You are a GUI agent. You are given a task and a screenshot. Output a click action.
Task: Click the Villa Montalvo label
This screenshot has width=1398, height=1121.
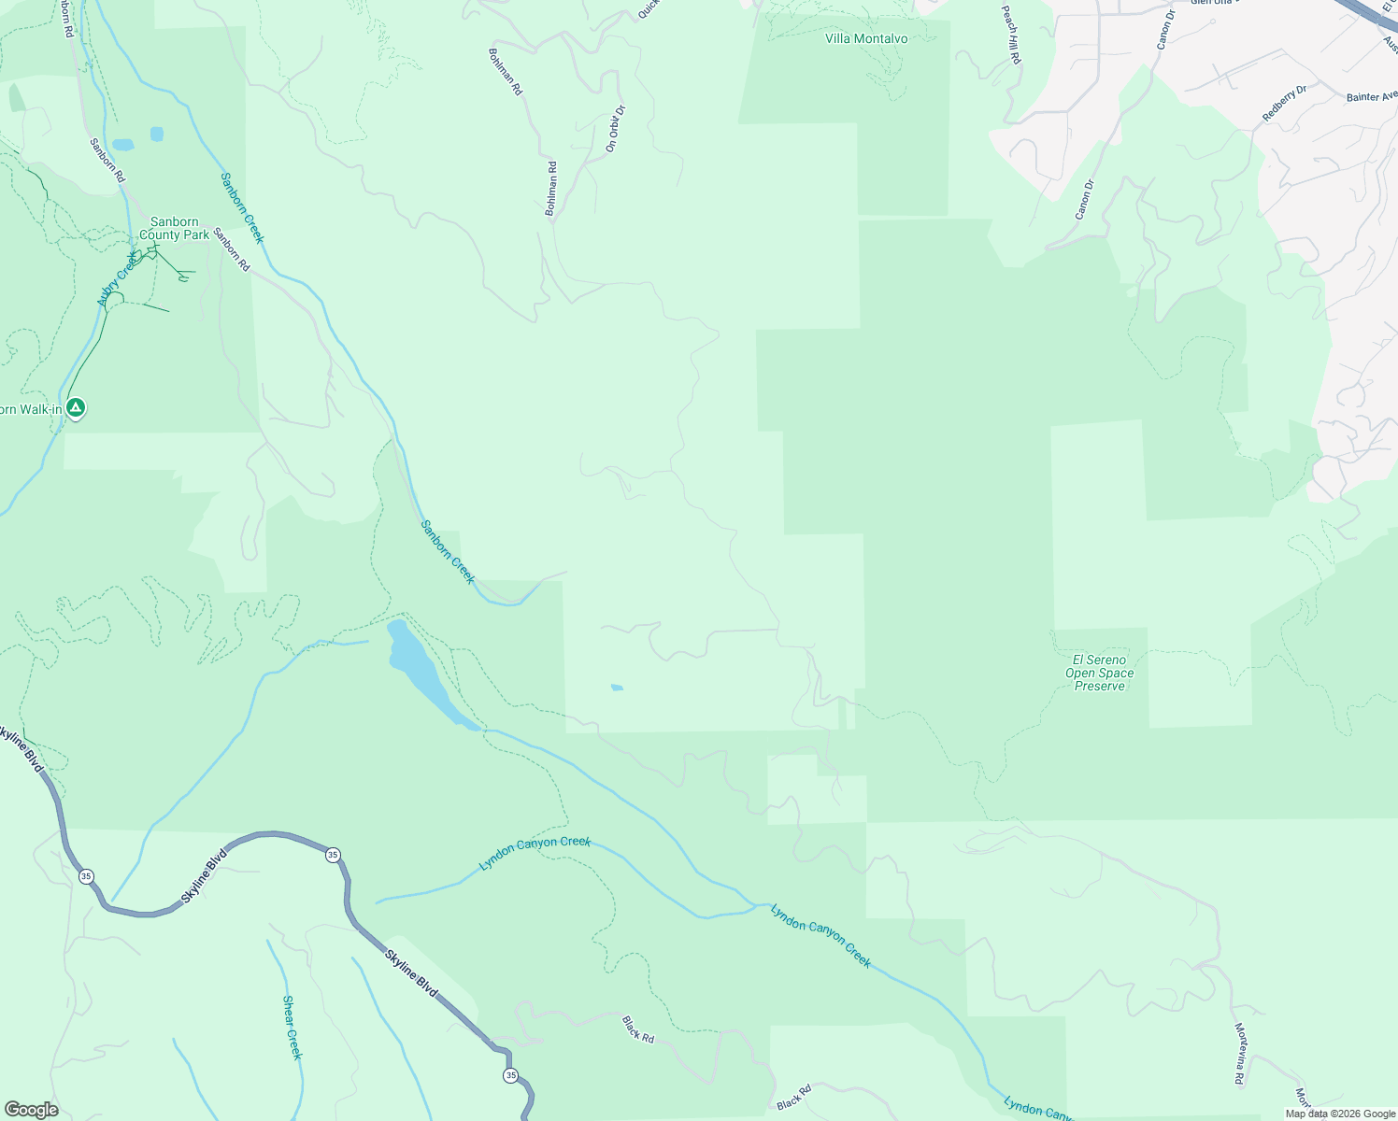[866, 39]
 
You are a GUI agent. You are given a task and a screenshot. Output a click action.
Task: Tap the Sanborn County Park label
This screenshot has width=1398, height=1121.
[174, 229]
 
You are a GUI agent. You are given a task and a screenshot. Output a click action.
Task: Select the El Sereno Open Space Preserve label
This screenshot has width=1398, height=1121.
[1100, 673]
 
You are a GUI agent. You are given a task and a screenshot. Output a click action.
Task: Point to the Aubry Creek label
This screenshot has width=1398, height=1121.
[117, 279]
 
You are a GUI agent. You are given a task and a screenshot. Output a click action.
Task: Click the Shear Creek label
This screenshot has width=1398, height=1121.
[292, 1028]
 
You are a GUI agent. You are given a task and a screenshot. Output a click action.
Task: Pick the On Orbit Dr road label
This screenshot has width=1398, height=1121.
[614, 129]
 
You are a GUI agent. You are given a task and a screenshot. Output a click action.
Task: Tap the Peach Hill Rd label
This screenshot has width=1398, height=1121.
[1010, 35]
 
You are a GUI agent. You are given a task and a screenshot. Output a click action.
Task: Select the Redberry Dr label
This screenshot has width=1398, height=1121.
[1284, 103]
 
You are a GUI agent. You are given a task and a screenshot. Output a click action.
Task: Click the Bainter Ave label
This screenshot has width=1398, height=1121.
[1371, 96]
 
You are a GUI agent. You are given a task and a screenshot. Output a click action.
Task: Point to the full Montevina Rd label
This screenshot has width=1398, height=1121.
[1240, 1055]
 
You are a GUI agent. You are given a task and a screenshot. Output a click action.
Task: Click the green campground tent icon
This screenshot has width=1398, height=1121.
[76, 407]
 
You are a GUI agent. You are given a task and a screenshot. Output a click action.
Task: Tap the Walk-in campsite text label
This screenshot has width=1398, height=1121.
[31, 409]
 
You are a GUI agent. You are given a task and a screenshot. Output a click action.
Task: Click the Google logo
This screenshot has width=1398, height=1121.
[31, 1110]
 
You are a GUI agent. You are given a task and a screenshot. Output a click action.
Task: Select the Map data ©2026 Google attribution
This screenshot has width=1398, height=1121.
[1340, 1114]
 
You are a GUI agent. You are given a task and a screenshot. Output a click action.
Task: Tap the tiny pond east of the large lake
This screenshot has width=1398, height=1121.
[617, 688]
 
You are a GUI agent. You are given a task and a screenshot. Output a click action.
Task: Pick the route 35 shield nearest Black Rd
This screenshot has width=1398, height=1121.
[510, 1076]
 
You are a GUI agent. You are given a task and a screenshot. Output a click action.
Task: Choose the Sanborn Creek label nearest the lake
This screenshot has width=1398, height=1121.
[448, 552]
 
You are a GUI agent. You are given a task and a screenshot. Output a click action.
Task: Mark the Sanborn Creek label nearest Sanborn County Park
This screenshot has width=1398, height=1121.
[242, 207]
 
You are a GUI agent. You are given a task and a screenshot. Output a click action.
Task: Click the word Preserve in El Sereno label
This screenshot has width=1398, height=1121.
[1100, 686]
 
